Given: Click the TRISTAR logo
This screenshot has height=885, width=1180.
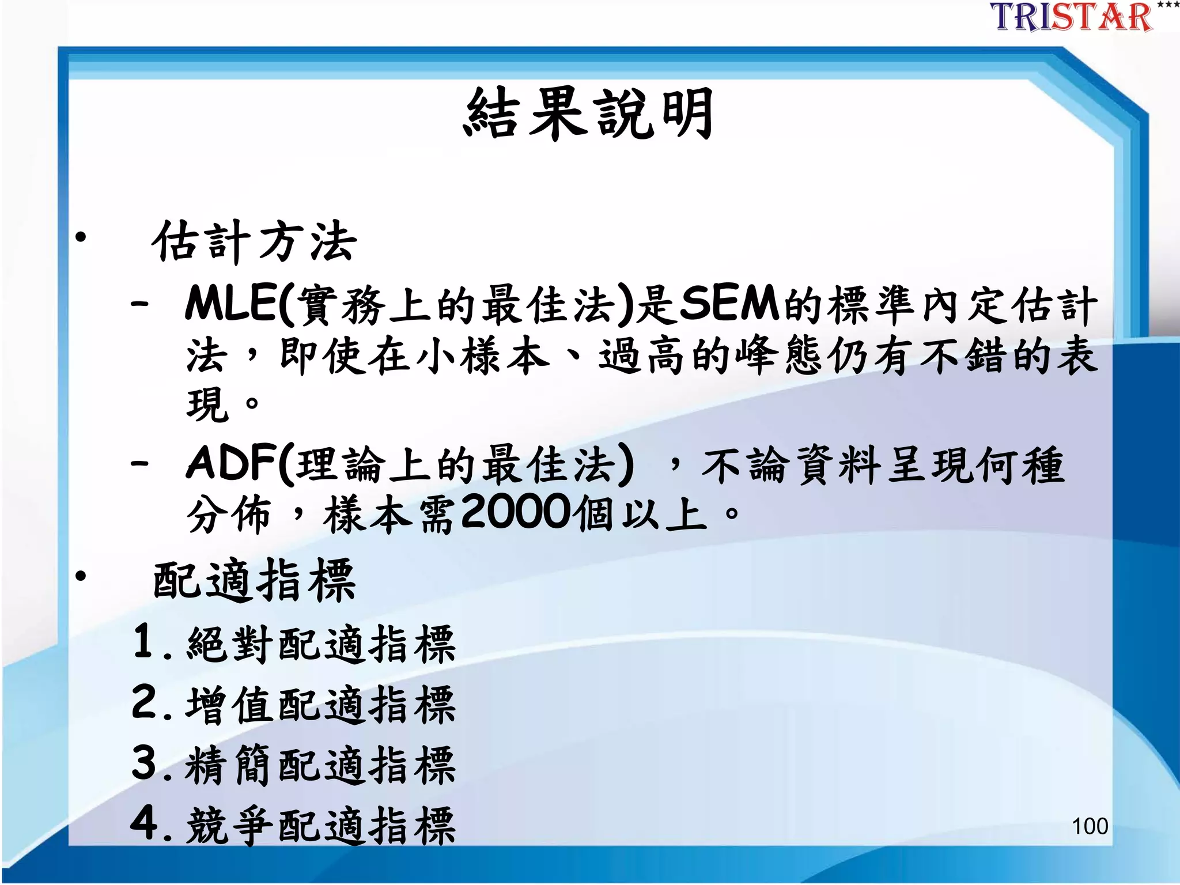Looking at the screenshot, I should (x=1072, y=17).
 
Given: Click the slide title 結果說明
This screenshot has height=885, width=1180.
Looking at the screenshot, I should (x=589, y=114).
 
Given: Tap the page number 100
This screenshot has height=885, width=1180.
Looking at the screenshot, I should (x=1090, y=826).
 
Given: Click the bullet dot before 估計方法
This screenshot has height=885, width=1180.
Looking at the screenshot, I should (x=81, y=237).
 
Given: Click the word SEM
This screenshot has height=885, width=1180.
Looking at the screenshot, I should (x=729, y=304).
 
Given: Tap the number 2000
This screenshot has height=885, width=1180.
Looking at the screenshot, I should (x=516, y=512).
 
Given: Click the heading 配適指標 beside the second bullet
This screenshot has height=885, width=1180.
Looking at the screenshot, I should (x=254, y=581).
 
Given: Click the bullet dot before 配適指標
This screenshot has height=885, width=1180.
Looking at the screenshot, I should (x=81, y=576).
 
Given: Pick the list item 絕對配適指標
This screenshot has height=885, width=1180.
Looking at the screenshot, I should (x=321, y=644).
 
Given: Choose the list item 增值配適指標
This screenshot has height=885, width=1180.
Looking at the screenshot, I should (x=321, y=705).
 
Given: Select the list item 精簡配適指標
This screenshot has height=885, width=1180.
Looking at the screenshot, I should (x=321, y=765).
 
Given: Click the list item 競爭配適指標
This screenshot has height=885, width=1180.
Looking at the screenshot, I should (x=321, y=826).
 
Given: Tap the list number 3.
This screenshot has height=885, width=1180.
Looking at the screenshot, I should (x=145, y=762).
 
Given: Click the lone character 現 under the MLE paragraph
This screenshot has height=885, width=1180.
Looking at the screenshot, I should (x=205, y=403).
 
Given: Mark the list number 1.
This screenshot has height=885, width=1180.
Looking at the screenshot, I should (x=143, y=641).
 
